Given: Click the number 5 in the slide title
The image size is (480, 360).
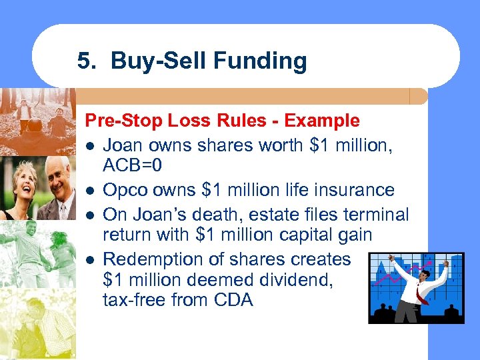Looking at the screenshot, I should click(83, 61).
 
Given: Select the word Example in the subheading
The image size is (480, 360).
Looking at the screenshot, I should click(322, 121).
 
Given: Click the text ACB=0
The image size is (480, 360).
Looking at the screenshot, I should click(133, 166).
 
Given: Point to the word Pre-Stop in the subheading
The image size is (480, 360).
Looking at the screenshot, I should click(117, 121).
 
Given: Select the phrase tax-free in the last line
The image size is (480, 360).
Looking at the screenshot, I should click(133, 300).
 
